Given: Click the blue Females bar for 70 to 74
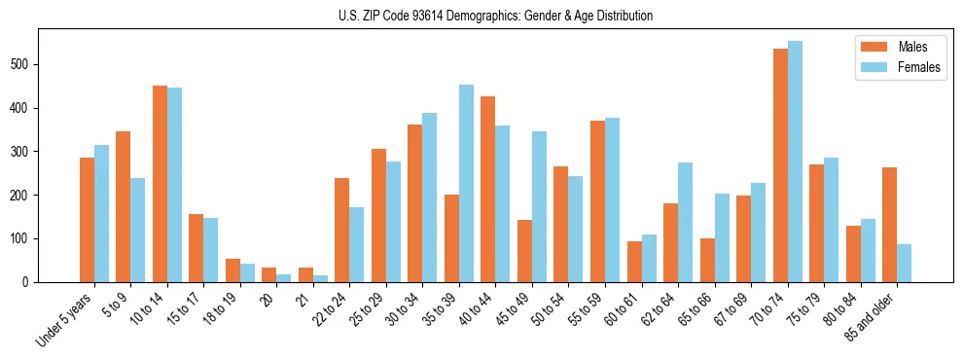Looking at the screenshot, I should [x=795, y=162].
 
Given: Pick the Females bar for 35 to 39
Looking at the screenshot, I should [x=467, y=184].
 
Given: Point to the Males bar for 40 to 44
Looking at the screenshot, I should [x=488, y=189].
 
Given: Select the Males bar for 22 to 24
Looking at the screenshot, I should [x=342, y=230].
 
